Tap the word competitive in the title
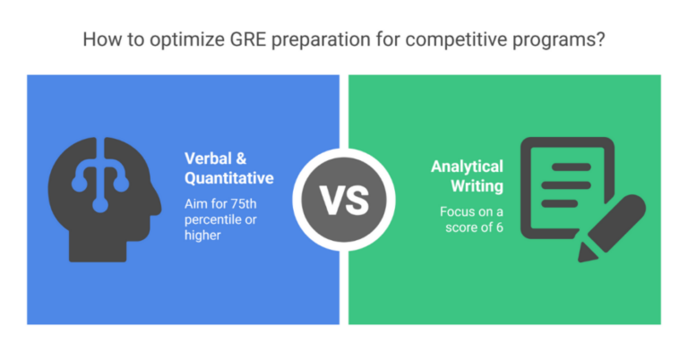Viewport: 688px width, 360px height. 434,40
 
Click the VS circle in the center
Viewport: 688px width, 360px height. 344,199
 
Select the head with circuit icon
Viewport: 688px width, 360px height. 102,199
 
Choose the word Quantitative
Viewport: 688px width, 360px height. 228,178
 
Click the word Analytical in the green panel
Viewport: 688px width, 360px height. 467,166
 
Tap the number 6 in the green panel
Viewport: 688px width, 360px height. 496,227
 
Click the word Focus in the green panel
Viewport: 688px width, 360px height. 457,211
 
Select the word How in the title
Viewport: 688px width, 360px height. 98,40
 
